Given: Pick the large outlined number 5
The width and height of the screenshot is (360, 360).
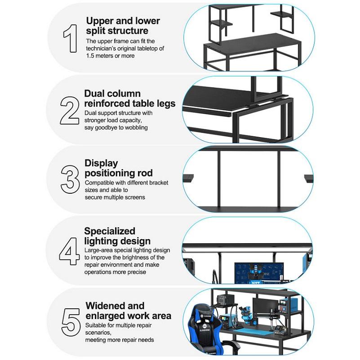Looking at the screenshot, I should click(71, 322).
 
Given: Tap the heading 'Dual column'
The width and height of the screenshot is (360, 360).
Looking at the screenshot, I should click(112, 94).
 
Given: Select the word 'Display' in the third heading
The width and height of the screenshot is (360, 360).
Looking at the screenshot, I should click(101, 163).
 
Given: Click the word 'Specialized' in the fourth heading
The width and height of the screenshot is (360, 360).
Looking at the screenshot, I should click(110, 231).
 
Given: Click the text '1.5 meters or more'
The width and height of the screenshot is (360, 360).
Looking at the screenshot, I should click(110, 56).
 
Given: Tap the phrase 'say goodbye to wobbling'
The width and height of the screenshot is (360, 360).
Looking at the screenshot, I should click(116, 128).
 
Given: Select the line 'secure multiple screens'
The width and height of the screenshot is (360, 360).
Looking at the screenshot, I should click(115, 197).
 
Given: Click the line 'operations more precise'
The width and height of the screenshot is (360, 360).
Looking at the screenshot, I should click(116, 272).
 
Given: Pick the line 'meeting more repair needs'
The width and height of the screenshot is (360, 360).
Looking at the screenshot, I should click(120, 340).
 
